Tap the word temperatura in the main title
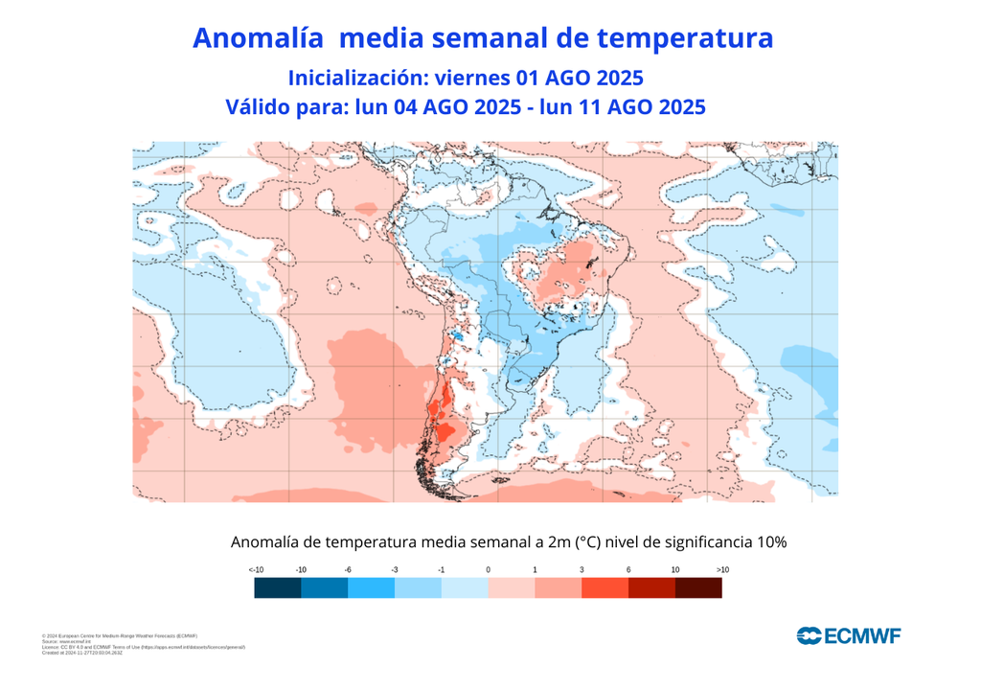pyautogui.click(x=684, y=38)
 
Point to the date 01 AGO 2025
pyautogui.click(x=584, y=77)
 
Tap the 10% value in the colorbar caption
pyautogui.click(x=771, y=542)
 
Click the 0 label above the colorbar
pyautogui.click(x=488, y=570)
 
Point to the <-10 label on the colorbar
pyautogui.click(x=256, y=570)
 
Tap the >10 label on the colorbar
pyautogui.click(x=721, y=570)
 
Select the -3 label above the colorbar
pyautogui.click(x=395, y=570)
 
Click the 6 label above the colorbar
pyautogui.click(x=628, y=570)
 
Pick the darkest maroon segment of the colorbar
pyautogui.click(x=698, y=588)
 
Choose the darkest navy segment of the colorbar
pyautogui.click(x=278, y=588)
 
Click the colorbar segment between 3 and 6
pyautogui.click(x=605, y=588)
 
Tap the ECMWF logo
pyautogui.click(x=848, y=634)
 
